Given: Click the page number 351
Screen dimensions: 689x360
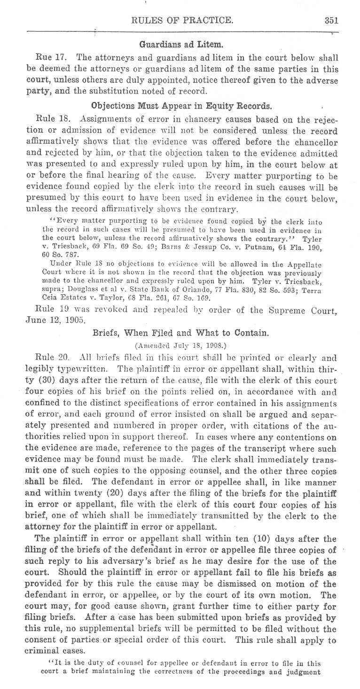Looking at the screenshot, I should pos(331,20).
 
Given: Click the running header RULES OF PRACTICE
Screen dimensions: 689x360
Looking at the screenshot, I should pos(183,20).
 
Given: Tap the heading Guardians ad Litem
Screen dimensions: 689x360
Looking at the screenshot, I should pos(181,45).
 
